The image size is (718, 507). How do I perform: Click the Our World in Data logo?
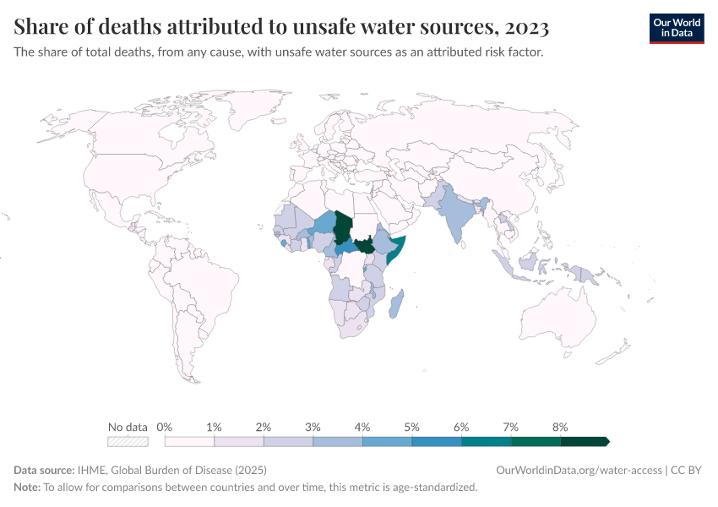676,28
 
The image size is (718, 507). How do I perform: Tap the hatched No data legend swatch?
128,441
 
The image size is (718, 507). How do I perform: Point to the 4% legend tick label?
362,427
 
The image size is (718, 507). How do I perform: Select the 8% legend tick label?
559,427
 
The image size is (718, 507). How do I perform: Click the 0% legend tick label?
165,427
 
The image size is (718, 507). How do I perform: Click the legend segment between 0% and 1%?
189,441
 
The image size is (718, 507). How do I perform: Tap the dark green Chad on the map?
342,226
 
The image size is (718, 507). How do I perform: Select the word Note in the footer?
26,488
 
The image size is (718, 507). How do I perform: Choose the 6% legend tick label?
461,427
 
